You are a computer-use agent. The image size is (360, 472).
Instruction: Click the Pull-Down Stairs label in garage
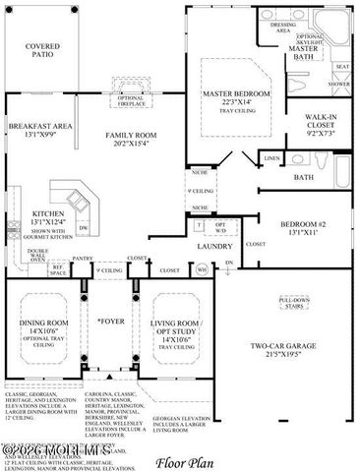(294, 302)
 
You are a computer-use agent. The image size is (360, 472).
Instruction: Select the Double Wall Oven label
(37, 256)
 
